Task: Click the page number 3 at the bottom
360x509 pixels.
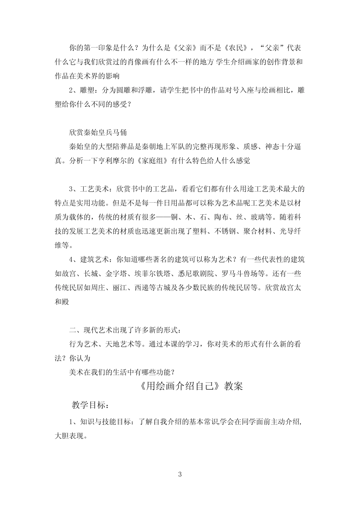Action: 180,474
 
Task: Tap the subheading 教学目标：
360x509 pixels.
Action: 91,405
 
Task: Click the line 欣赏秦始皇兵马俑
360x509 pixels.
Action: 98,133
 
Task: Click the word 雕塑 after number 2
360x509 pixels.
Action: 89,91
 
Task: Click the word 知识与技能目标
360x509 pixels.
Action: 104,422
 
